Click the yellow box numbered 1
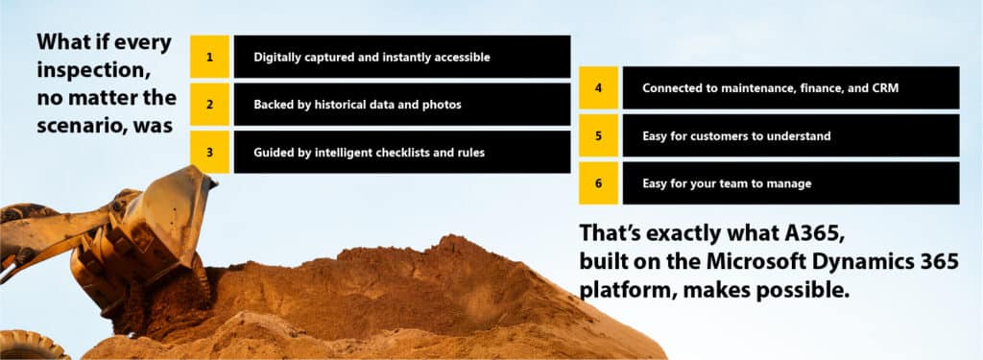click(209, 57)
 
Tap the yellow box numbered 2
click(209, 104)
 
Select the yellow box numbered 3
click(209, 152)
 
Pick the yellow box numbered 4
click(598, 87)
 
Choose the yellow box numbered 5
click(598, 135)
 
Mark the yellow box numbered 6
click(598, 183)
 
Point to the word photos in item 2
click(442, 105)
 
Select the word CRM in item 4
click(886, 87)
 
